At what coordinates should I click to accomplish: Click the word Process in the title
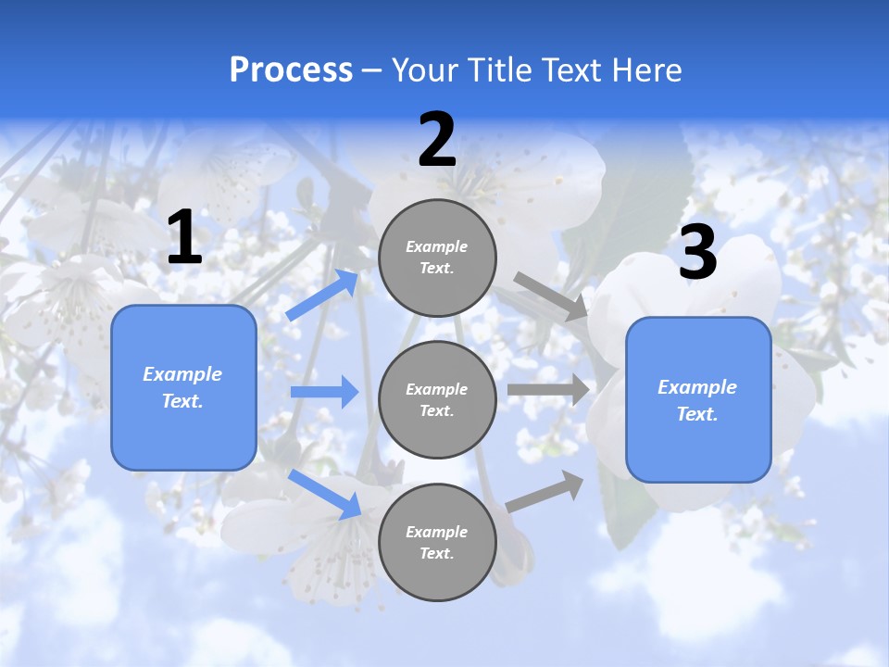pos(291,70)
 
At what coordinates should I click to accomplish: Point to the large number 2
pos(437,140)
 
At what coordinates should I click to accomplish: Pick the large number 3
pos(697,253)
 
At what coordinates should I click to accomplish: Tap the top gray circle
pos(437,258)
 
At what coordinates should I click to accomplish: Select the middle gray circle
pos(437,399)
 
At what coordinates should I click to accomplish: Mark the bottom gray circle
pos(437,542)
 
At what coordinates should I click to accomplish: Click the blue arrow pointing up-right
pos(323,295)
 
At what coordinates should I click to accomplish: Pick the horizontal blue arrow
pos(324,392)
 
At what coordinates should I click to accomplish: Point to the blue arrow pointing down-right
pos(325,494)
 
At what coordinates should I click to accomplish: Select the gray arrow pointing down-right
pos(550,296)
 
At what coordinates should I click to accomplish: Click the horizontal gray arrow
pos(548,389)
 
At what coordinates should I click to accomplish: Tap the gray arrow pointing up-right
pos(545,492)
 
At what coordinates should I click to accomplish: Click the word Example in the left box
pos(182,374)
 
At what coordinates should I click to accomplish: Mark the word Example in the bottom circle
pos(436,532)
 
